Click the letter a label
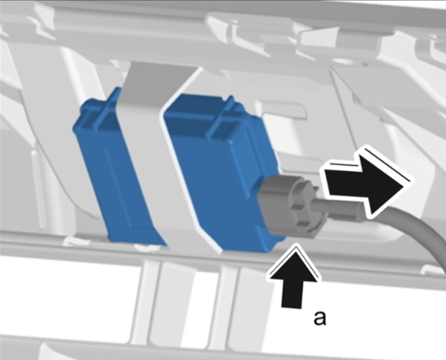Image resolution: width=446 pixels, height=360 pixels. point(320,319)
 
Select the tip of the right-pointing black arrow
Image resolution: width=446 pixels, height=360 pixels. point(405,185)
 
